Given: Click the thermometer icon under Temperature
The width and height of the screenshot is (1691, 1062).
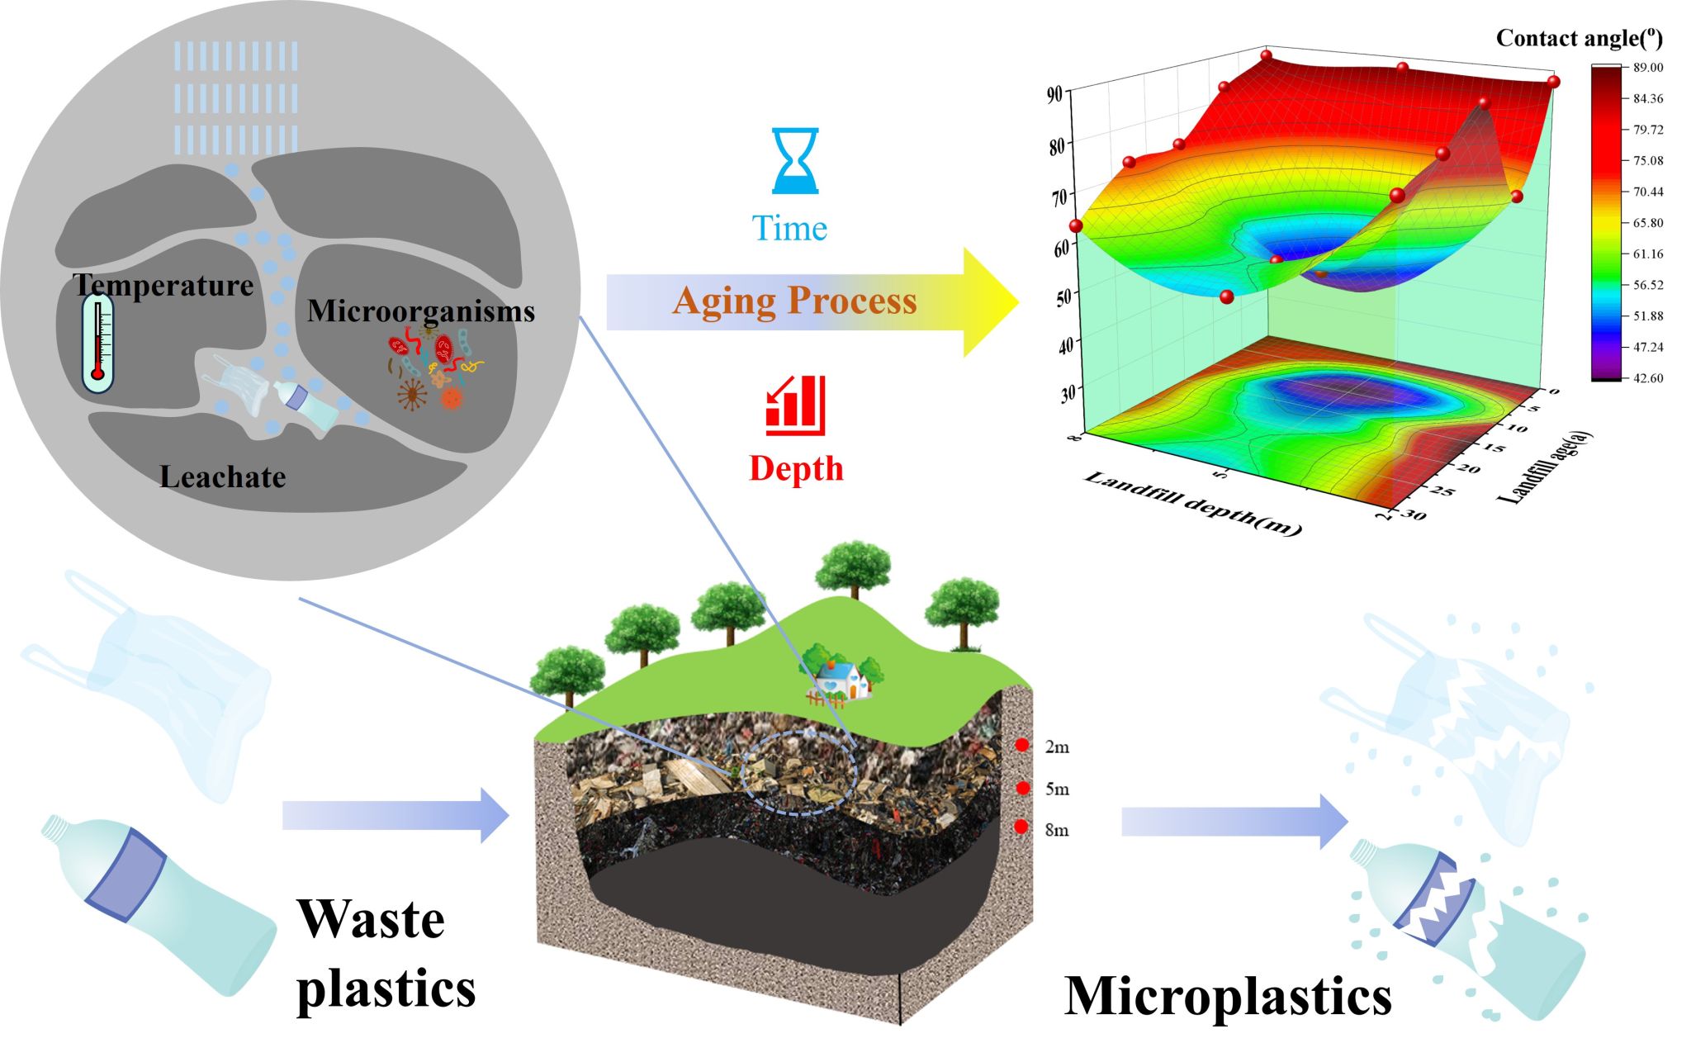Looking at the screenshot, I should [x=97, y=344].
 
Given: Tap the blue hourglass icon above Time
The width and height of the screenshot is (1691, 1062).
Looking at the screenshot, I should [x=794, y=160].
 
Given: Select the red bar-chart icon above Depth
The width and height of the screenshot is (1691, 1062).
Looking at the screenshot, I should [x=795, y=405].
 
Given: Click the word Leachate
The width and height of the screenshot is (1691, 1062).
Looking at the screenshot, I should [x=223, y=477].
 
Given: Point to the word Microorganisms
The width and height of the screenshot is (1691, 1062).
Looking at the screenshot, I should [x=421, y=311].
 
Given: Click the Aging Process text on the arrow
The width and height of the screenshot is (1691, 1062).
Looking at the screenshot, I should [x=794, y=301].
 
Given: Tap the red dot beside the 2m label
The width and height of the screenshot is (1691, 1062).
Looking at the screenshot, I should [x=1022, y=746].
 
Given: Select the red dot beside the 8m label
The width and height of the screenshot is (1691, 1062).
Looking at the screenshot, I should [x=1021, y=827].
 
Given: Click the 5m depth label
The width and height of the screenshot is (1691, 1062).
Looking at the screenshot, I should [x=1057, y=789].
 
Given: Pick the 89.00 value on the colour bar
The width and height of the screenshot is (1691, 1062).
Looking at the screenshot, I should [x=1647, y=68].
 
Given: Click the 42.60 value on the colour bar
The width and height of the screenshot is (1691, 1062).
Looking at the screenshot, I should [x=1647, y=378].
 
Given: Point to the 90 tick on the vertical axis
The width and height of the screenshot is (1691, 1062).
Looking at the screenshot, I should [x=1054, y=94].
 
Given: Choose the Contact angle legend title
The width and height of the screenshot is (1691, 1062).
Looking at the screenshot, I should [x=1579, y=38].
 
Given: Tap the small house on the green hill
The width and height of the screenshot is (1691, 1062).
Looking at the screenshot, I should [x=842, y=678].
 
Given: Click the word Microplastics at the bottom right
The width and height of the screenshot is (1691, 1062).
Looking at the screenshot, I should [x=1228, y=997].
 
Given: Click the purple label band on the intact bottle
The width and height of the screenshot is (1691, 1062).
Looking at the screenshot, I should [x=126, y=876].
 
